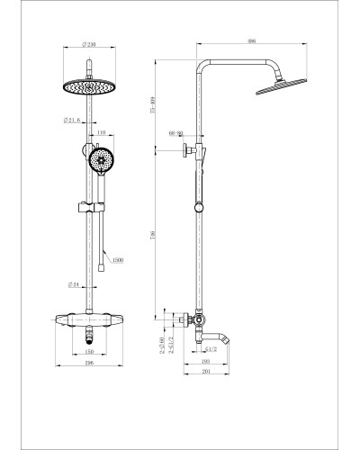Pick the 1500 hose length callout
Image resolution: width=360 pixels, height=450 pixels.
(116, 261)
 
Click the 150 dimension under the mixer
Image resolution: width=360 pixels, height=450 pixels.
(91, 352)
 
